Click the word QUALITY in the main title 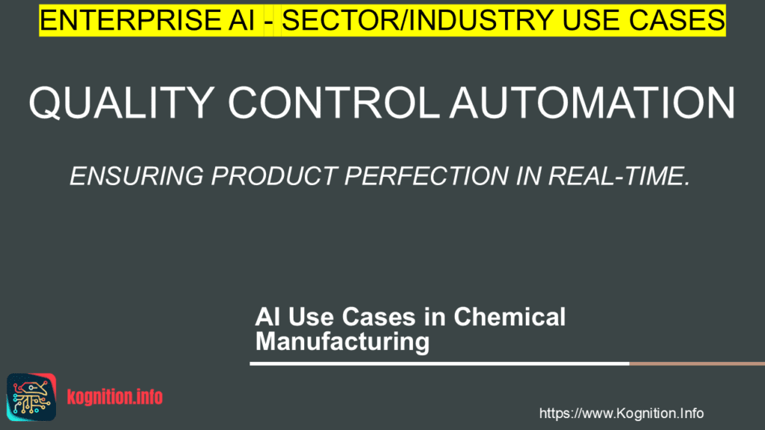point(122,103)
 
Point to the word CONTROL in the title point(334,103)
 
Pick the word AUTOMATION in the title point(592,103)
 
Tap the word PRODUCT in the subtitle point(274,176)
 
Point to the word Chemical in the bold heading point(510,317)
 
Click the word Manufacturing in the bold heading point(342,341)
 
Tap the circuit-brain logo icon point(31,397)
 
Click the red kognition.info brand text point(114,397)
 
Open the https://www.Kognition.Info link point(621,414)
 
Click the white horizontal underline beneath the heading point(439,364)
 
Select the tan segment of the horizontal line point(697,364)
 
